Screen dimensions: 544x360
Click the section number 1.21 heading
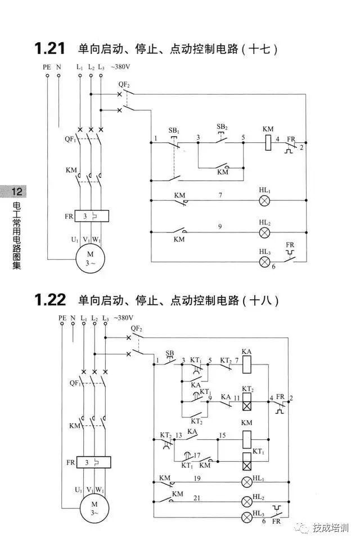tap(50, 49)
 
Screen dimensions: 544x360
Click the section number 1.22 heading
tap(50, 300)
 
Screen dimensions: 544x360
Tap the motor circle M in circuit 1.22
tap(94, 508)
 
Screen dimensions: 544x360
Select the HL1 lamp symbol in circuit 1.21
tap(265, 201)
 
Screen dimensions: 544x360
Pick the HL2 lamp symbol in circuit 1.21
tap(265, 232)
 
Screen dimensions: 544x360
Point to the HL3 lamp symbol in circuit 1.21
tap(265, 262)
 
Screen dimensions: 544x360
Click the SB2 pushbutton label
tap(222, 128)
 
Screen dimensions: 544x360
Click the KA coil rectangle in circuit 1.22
tap(246, 366)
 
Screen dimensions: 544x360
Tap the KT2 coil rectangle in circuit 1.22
tap(246, 402)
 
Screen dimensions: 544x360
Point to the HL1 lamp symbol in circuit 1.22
tap(246, 482)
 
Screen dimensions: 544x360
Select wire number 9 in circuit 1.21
tap(220, 227)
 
